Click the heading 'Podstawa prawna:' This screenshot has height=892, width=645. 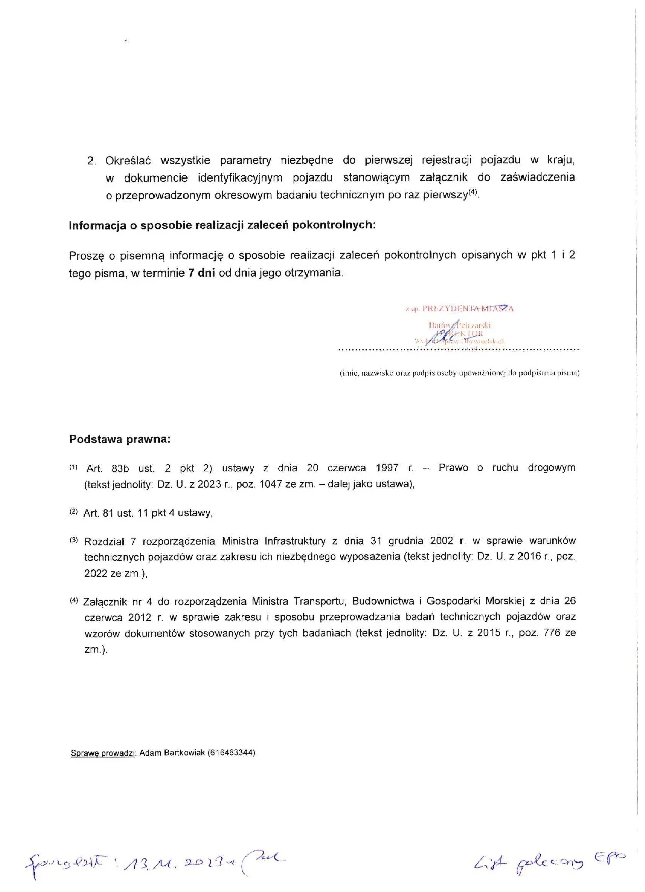[120, 439]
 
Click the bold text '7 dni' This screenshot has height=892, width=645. [202, 273]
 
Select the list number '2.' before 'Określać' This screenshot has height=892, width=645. [91, 161]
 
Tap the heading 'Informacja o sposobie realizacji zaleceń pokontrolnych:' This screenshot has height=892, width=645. [222, 225]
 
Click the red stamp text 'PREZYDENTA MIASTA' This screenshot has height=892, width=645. [468, 308]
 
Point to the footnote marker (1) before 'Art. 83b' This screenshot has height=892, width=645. [73, 467]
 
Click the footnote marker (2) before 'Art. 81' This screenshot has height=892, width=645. [73, 511]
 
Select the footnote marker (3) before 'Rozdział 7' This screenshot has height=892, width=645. [73, 540]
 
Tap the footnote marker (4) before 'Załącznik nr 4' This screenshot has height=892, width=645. [73, 600]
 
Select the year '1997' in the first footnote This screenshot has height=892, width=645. [387, 468]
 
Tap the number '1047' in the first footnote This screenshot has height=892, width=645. [270, 484]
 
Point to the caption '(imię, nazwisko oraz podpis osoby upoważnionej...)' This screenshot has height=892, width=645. [459, 373]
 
